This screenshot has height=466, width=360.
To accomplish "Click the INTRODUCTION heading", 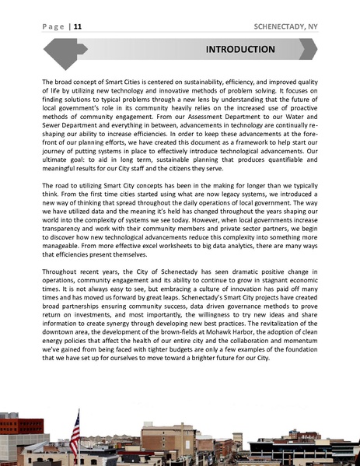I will point(239,50).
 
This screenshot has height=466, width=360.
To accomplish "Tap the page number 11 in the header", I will point(78,26).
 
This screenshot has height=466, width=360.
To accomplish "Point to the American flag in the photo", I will point(75,429).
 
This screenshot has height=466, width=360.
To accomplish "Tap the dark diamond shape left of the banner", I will point(61,51).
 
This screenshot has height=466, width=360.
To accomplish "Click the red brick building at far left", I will point(19,431).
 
